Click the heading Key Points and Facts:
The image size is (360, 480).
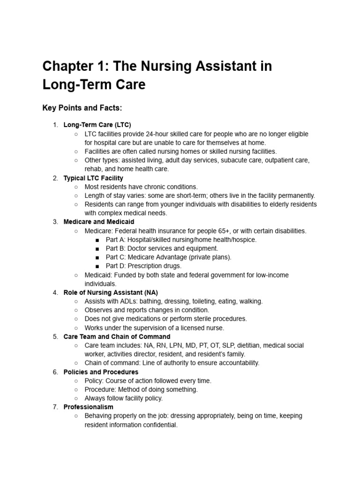tap(82, 108)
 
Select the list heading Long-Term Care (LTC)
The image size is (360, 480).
tap(97, 125)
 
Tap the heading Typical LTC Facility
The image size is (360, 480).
tap(93, 178)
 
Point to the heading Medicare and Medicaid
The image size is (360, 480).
tap(99, 222)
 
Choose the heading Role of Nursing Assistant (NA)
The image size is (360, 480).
tap(111, 292)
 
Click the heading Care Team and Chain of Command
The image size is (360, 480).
tap(117, 337)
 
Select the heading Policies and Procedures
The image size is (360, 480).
tap(101, 372)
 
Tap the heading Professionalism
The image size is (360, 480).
tap(88, 407)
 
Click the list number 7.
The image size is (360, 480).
tap(55, 407)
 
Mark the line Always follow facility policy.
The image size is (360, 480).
tap(124, 398)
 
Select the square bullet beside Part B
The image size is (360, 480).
tap(97, 248)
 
